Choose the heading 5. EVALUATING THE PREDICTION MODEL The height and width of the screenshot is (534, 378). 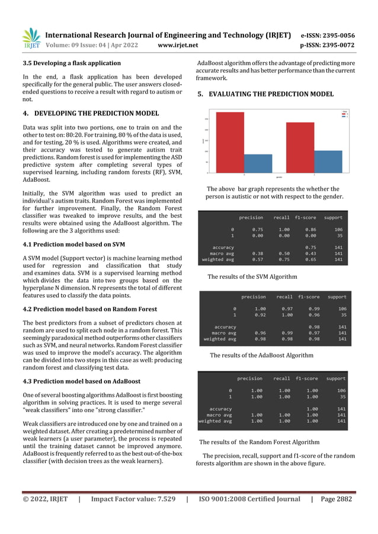tap(265, 94)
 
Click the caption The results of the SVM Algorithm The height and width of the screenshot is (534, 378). tap(252, 276)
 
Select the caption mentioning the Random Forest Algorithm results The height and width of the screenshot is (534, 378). tap(259, 442)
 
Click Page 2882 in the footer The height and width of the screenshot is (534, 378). tap(336, 499)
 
